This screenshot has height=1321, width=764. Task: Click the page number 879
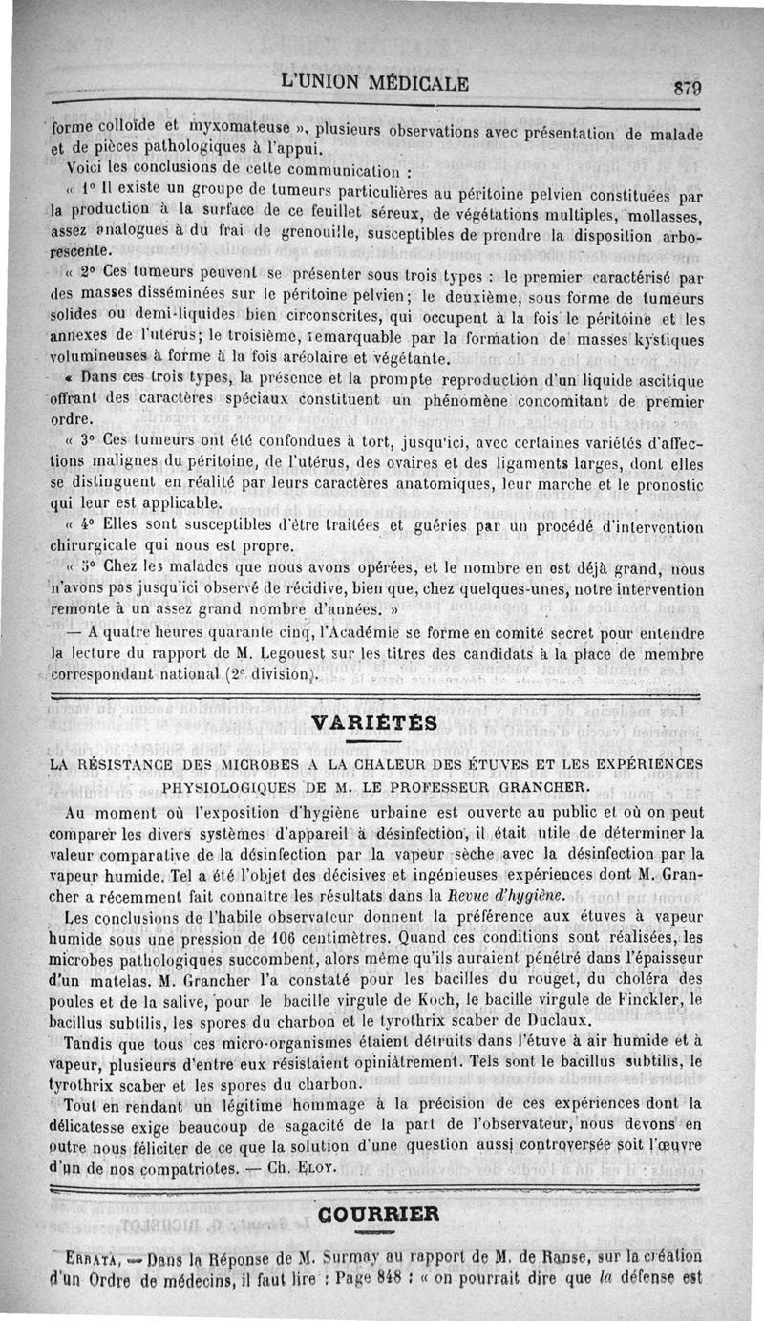[688, 86]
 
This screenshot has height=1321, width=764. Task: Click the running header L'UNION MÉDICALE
[375, 83]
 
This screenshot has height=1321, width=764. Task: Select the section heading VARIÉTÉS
[381, 723]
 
